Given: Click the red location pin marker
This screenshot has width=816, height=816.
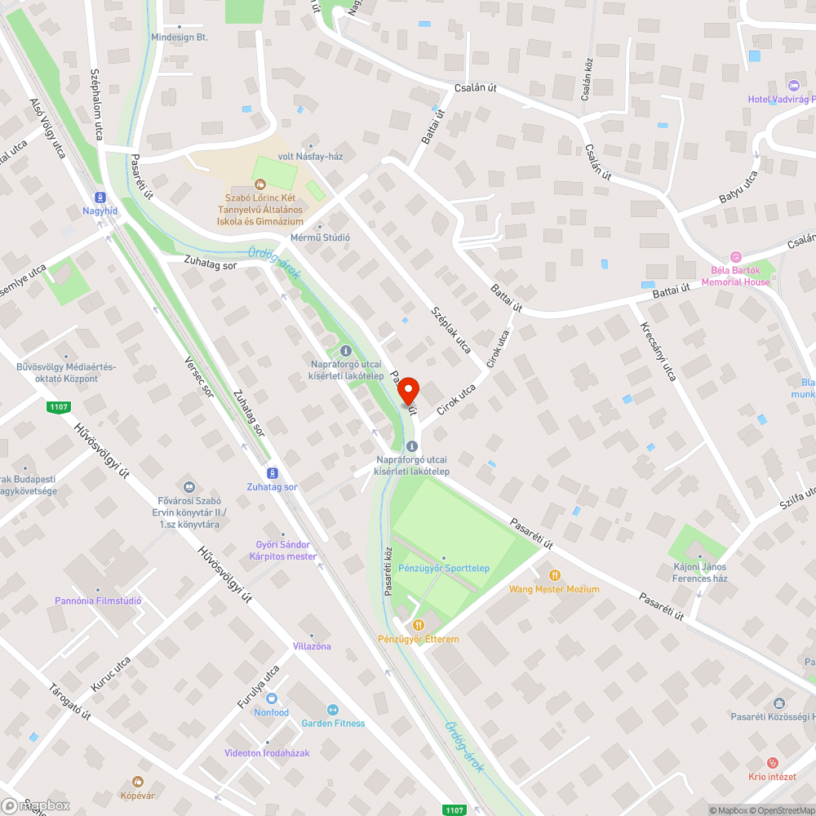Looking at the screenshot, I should pos(408,391).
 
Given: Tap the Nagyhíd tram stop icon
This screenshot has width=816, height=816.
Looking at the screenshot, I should pos(100,197).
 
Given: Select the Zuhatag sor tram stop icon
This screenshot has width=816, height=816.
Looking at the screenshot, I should pos(272,473).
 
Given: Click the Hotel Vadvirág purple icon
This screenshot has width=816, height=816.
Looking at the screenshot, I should pos(793,86).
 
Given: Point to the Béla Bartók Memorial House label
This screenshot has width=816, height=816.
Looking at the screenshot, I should pos(734,276).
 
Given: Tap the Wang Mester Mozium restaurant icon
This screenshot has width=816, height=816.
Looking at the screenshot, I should pos(555,575).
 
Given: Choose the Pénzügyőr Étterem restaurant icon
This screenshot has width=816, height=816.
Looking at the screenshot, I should pos(418,624).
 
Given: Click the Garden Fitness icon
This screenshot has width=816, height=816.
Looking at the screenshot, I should pos(332,710).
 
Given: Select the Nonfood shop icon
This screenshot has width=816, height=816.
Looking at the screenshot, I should pos(272,698).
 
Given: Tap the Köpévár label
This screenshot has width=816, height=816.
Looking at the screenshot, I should pos(138,795).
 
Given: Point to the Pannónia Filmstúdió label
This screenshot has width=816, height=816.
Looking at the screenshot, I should pos(98,601).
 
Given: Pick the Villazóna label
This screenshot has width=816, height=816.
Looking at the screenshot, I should pos(312,646).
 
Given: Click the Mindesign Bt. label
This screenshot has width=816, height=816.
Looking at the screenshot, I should pos(180,38).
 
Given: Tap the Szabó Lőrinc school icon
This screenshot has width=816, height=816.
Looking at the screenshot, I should pos(260,184).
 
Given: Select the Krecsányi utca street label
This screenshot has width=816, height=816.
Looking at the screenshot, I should pos(659,351).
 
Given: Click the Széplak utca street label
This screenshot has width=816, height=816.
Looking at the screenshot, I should pos(451,330).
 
